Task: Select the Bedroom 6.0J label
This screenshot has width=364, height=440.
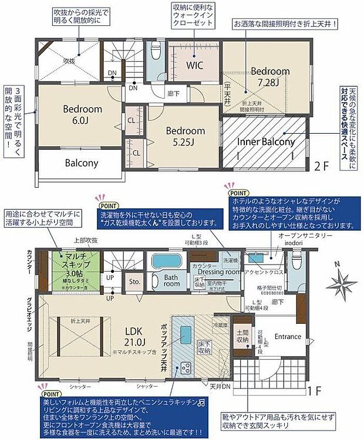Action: click(83, 114)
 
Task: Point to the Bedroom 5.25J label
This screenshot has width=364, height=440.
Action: click(185, 136)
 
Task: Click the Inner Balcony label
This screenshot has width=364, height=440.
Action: click(266, 142)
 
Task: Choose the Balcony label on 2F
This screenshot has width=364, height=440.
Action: click(82, 163)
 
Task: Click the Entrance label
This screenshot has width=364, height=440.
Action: click(288, 337)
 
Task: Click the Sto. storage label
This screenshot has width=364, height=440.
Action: click(134, 282)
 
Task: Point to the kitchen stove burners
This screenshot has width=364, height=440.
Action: click(186, 368)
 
